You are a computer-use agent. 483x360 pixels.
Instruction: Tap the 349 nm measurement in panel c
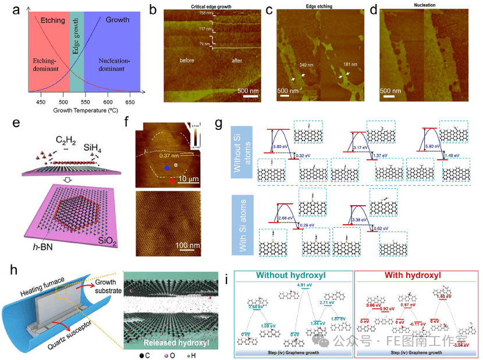click(x=306, y=65)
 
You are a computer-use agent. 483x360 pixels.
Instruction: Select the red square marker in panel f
click(x=172, y=181)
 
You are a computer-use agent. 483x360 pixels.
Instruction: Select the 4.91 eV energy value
click(x=304, y=285)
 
